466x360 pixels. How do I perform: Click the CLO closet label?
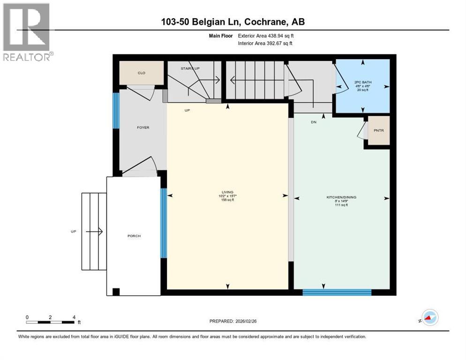pos(141,73)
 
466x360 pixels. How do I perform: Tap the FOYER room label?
pos(143,127)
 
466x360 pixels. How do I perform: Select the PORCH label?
pos(134,236)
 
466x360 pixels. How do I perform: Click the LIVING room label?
pos(227,192)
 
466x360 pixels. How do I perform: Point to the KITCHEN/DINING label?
pos(341,197)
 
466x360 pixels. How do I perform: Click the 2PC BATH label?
pos(362,82)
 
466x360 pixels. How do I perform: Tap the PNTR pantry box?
pos(378,130)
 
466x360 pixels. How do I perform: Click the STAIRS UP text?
pos(190,68)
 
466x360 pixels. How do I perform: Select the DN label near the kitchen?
pos(314,122)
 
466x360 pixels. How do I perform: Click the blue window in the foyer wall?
pos(115,110)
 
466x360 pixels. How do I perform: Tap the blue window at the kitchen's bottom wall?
pos(337,292)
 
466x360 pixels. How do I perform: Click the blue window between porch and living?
pos(163,223)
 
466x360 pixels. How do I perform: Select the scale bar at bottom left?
pos(50,322)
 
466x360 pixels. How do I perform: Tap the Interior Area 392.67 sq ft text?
pos(265,43)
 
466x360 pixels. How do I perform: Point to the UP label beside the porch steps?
pos(74,232)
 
